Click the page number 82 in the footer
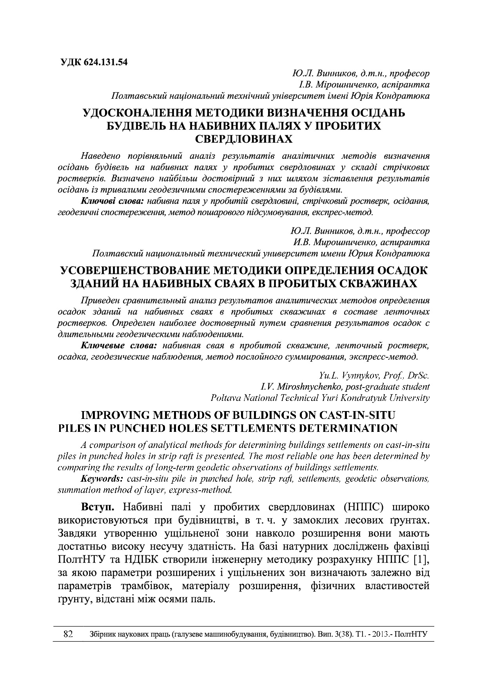pos(69,634)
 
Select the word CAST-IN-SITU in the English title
pos(358,415)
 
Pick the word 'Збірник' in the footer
pos(103,634)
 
